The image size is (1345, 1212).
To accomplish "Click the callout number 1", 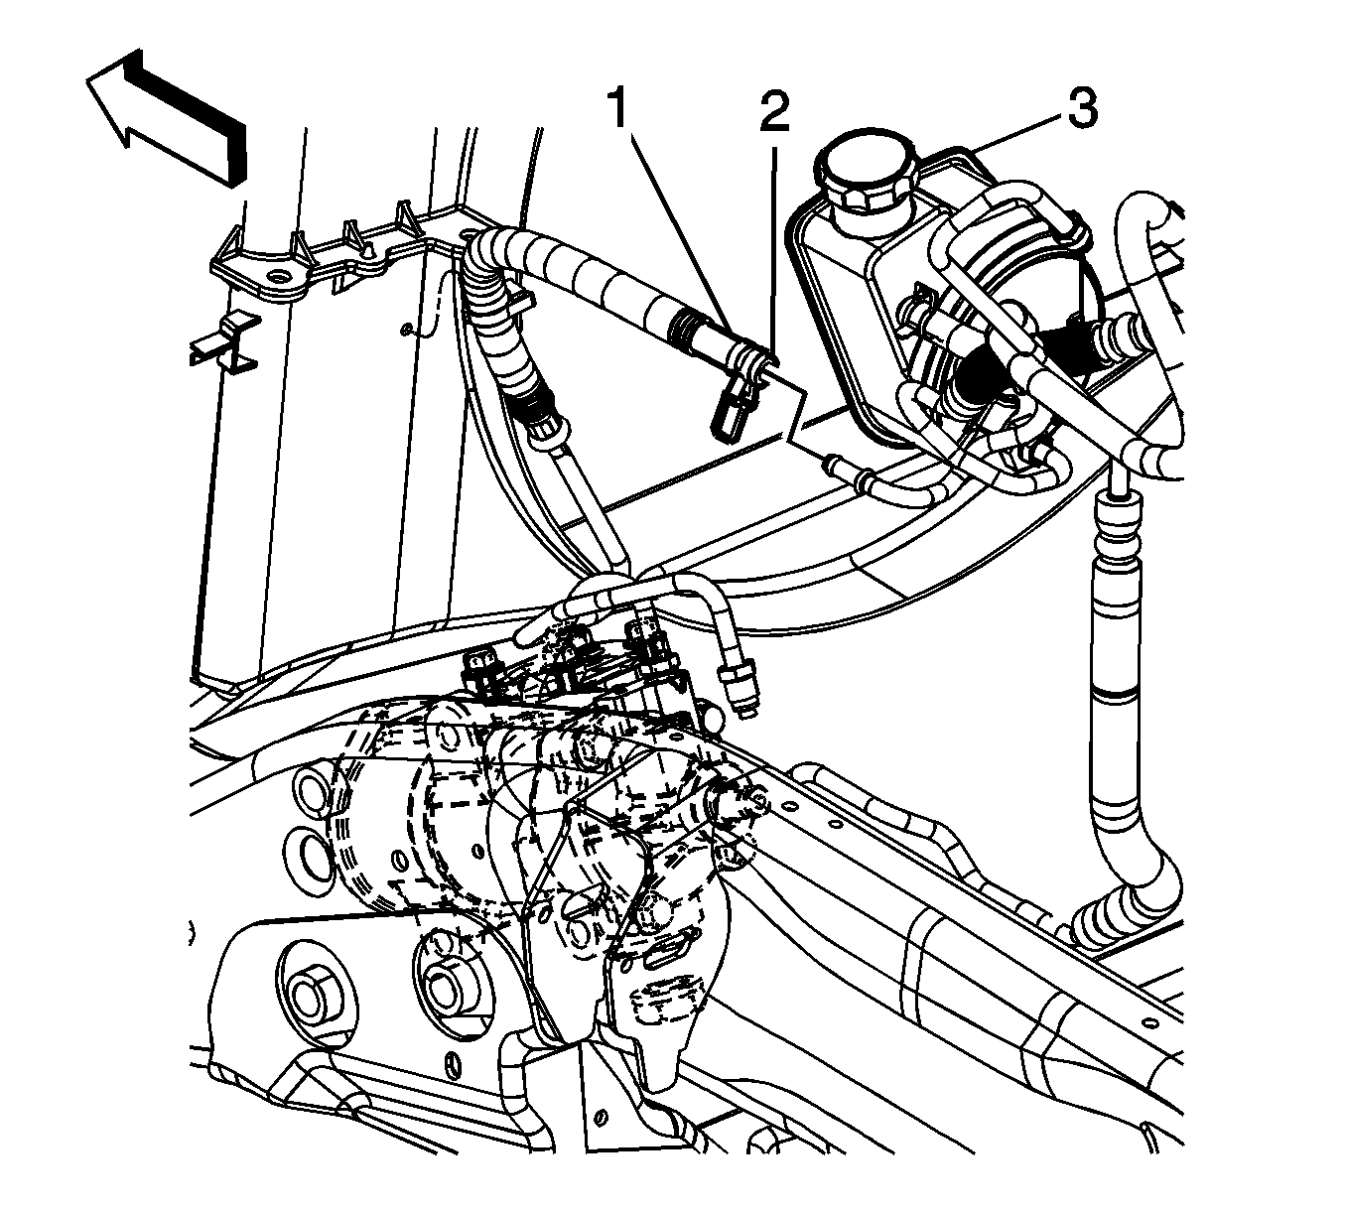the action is (x=617, y=108).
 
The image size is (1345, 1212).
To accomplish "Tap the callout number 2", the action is (x=774, y=113).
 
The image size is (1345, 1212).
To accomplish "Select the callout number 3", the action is (x=1082, y=108).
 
